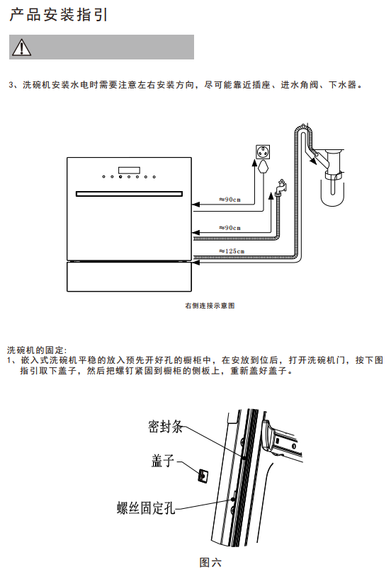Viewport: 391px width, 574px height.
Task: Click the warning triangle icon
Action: point(22,47)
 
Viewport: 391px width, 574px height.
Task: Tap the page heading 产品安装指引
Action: point(58,15)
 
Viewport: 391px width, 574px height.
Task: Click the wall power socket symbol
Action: point(263,152)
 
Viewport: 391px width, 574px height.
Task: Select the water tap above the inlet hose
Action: point(281,187)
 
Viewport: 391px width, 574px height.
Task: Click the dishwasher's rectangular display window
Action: point(129,171)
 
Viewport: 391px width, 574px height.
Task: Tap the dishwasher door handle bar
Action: point(129,194)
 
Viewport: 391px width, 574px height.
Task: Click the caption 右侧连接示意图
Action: point(210,306)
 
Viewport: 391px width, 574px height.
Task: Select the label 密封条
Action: point(165,427)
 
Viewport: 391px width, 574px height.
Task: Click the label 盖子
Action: point(163,461)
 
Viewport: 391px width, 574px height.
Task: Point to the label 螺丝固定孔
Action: point(146,507)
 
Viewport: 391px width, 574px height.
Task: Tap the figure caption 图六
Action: point(210,562)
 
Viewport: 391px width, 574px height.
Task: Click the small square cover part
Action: point(203,475)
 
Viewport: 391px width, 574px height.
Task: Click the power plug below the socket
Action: point(263,166)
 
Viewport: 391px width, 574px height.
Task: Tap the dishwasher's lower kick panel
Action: point(129,277)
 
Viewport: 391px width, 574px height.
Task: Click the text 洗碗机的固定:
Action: point(37,350)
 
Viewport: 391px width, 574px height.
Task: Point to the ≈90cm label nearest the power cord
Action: point(229,200)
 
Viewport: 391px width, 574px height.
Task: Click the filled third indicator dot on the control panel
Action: point(120,177)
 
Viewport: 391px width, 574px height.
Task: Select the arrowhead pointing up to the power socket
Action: point(254,163)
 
